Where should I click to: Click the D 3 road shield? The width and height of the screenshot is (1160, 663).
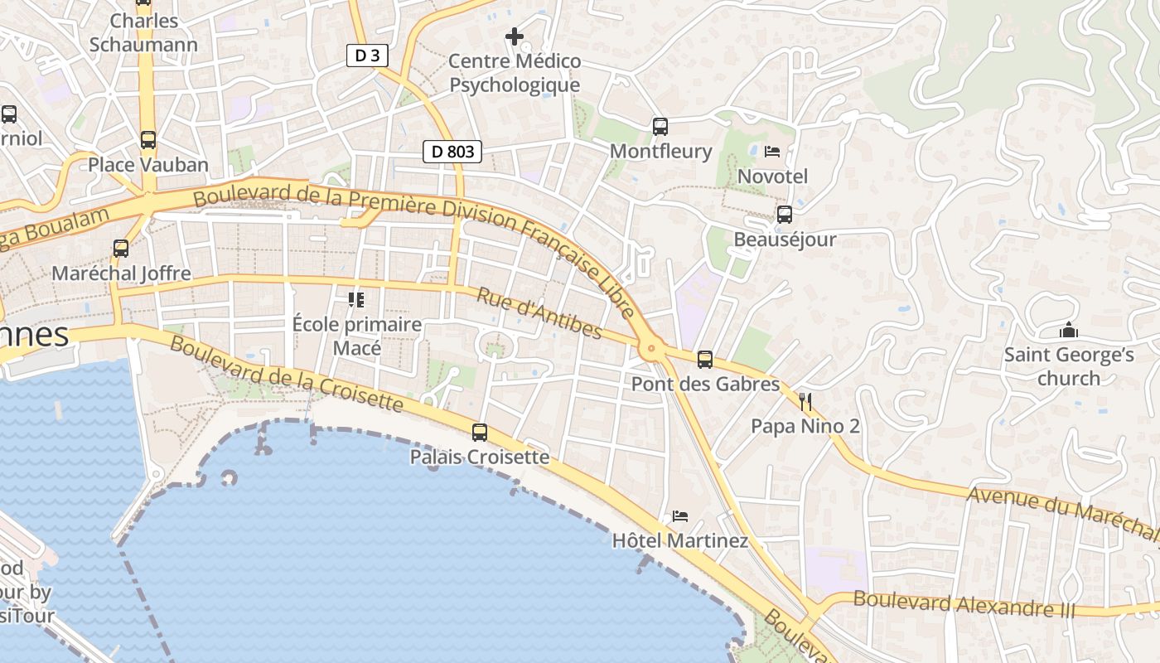367,56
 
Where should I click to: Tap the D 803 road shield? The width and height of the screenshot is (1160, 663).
452,152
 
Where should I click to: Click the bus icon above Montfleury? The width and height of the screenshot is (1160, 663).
660,127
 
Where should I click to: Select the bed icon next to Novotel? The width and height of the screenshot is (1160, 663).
772,152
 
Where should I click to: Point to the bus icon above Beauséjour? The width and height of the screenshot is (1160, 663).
785,215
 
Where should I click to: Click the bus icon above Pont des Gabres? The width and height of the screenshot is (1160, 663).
705,360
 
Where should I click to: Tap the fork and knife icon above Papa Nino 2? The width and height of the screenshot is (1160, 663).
805,402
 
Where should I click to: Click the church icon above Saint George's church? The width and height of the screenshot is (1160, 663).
1069,330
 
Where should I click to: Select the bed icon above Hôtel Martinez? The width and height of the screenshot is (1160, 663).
680,516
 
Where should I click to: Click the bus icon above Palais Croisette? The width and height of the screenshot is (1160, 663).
480,432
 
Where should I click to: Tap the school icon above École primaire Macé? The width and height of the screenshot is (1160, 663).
356,299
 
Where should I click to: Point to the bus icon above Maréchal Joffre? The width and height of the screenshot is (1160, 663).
121,248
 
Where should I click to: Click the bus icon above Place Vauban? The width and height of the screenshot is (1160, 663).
148,139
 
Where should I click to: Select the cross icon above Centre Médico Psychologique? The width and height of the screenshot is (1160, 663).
515,36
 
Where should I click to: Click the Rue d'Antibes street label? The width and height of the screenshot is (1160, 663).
539,312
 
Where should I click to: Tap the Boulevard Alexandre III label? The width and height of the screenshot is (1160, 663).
964,604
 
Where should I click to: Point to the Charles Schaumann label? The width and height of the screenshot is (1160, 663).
143,32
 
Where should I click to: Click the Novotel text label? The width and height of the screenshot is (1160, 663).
772,177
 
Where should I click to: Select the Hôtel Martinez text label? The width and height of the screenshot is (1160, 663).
680,541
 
